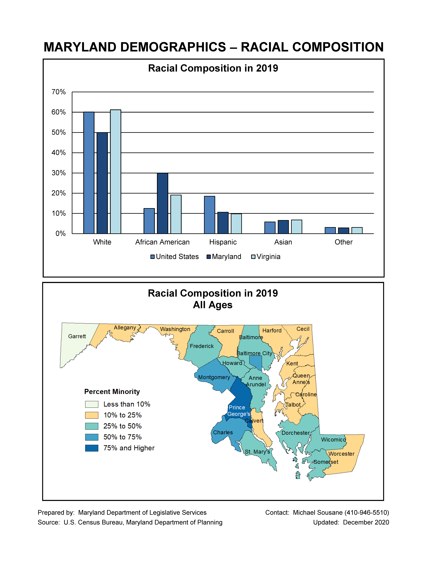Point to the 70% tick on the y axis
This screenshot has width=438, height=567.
pyautogui.click(x=59, y=92)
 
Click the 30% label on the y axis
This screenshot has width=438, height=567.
pyautogui.click(x=59, y=173)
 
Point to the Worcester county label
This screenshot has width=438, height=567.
pyautogui.click(x=341, y=454)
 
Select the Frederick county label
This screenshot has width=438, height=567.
pyautogui.click(x=202, y=346)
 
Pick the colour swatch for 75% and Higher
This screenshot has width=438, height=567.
pyautogui.click(x=92, y=448)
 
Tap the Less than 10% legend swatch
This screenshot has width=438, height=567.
pyautogui.click(x=92, y=404)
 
